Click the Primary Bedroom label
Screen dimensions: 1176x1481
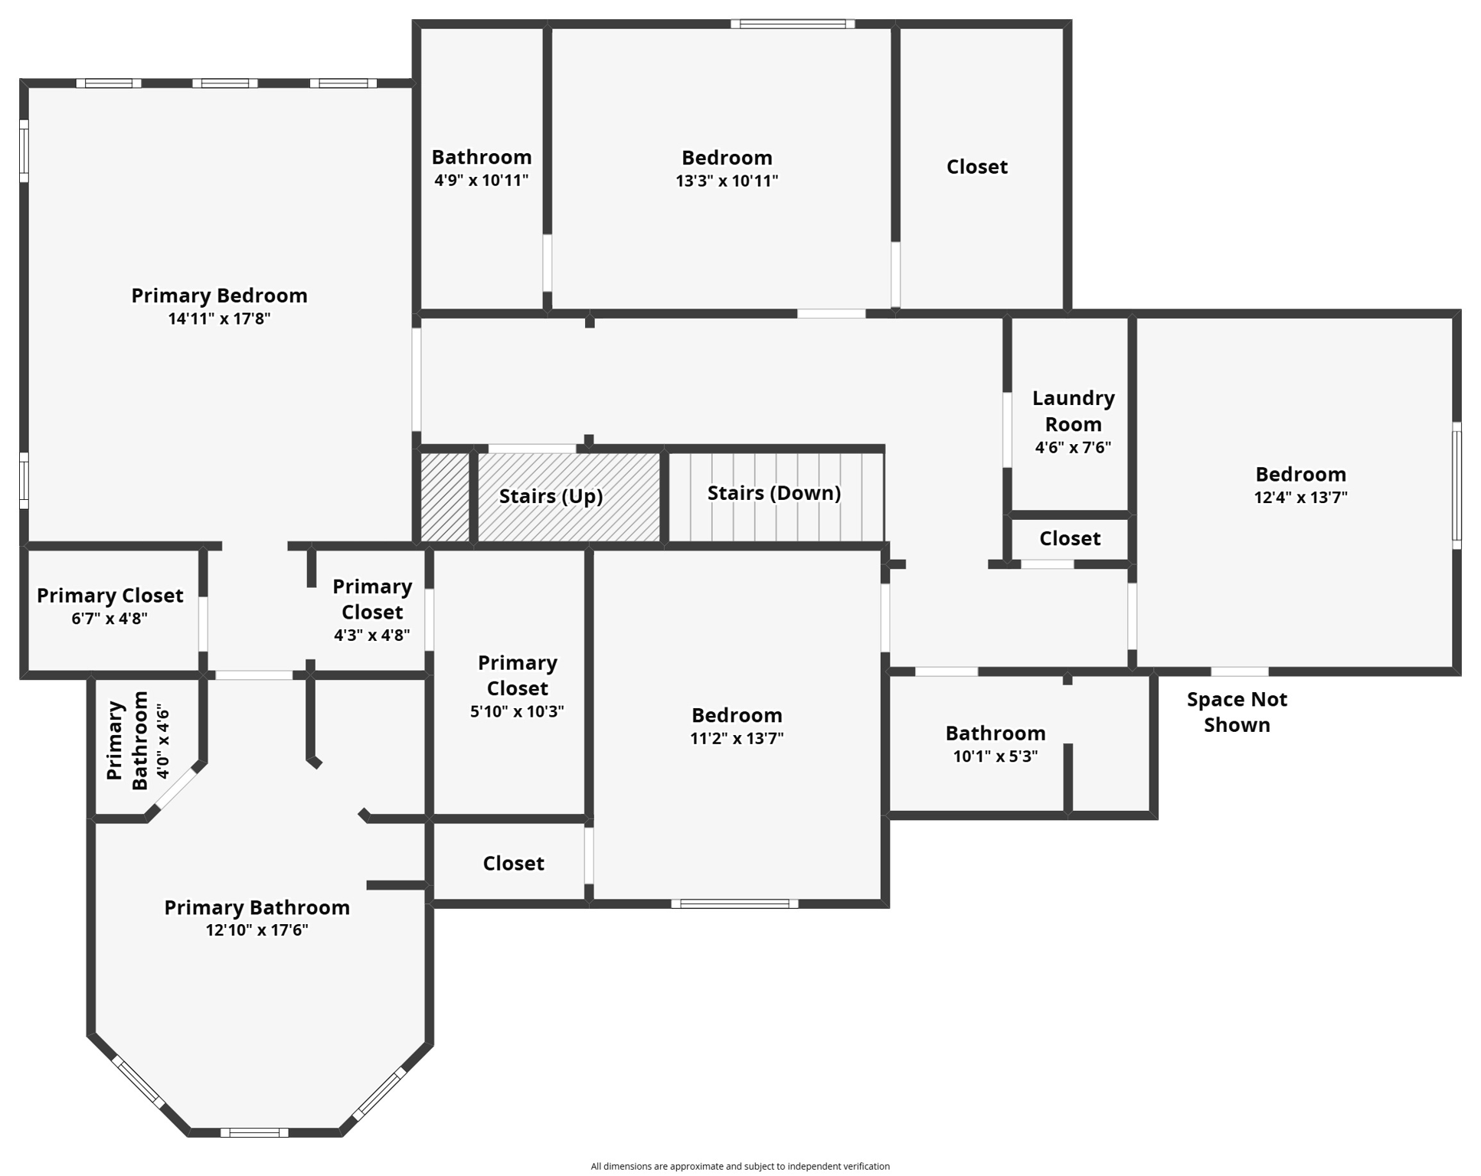click(219, 296)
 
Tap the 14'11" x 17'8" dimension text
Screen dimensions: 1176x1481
click(219, 318)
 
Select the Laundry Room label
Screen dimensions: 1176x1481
click(1073, 410)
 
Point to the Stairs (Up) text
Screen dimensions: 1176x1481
click(551, 496)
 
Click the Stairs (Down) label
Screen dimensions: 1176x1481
click(773, 493)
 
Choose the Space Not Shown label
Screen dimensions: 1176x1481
click(1237, 712)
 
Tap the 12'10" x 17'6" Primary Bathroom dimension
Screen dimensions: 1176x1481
click(257, 930)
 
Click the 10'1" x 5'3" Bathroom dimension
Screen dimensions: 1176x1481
click(995, 756)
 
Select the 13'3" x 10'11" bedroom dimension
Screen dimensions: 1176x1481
click(727, 181)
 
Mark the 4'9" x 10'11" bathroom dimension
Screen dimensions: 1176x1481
click(481, 181)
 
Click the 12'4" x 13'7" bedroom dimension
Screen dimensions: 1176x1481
click(1300, 497)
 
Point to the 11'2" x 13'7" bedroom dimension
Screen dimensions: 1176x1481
click(737, 738)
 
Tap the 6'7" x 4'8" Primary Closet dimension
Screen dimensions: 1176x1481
click(110, 619)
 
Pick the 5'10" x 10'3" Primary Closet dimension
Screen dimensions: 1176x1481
click(517, 711)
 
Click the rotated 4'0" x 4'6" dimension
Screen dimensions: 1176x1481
click(162, 742)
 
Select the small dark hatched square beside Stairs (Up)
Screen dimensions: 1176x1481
click(445, 498)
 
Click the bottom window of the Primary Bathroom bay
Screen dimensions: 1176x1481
click(254, 1132)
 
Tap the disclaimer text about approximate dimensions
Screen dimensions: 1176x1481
click(740, 1166)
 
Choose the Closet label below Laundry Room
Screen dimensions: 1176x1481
click(1069, 539)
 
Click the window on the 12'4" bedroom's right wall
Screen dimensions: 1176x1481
click(1456, 485)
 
